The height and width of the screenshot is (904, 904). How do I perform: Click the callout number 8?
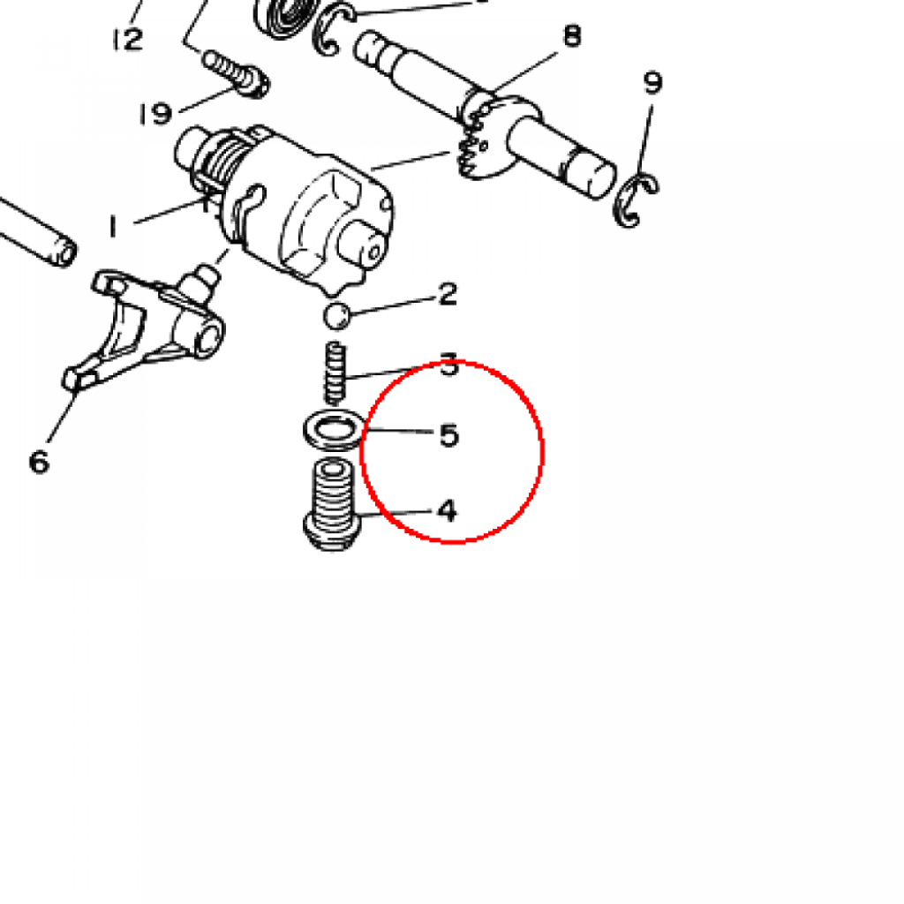point(571,35)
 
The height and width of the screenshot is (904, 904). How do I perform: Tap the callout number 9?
point(652,82)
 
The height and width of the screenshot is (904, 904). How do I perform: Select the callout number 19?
point(155,113)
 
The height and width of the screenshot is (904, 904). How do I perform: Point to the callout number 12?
point(127,39)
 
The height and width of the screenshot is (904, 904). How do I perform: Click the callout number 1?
point(113,225)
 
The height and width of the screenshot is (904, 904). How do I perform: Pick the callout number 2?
point(448,293)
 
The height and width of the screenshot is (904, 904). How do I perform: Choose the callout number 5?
point(449,435)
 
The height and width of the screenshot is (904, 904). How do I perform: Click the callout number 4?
point(448,511)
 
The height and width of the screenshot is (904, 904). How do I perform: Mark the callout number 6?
point(39,462)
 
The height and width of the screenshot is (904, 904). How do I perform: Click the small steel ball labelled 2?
point(336,316)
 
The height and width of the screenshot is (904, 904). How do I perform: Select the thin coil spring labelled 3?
point(335,373)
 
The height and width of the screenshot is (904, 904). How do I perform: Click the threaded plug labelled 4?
point(332,504)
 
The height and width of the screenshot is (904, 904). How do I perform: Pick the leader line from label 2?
point(393,305)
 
